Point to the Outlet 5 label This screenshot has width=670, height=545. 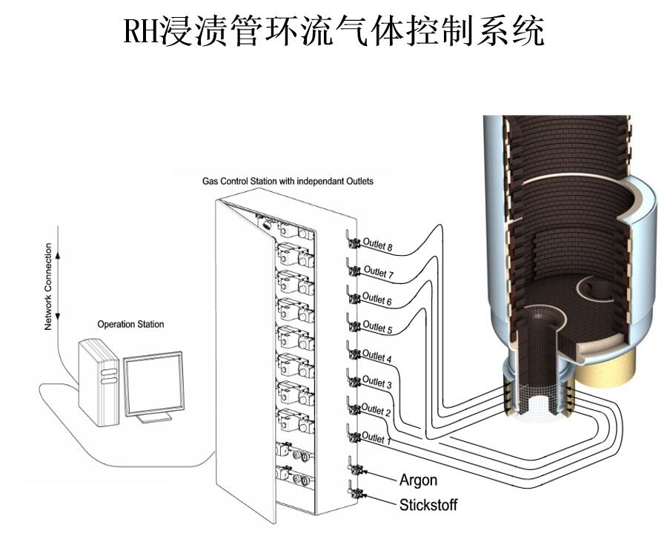click(x=378, y=326)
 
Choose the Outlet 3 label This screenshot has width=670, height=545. click(x=377, y=383)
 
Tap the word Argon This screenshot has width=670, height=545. click(x=418, y=480)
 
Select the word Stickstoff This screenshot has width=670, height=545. click(x=428, y=505)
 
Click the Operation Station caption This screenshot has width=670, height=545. click(x=130, y=324)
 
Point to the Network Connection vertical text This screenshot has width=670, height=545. click(x=49, y=286)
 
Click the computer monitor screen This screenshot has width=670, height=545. click(x=153, y=383)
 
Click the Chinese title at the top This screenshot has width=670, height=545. click(x=334, y=31)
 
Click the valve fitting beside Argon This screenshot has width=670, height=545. click(x=354, y=469)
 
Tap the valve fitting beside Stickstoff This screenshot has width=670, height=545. click(x=354, y=492)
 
